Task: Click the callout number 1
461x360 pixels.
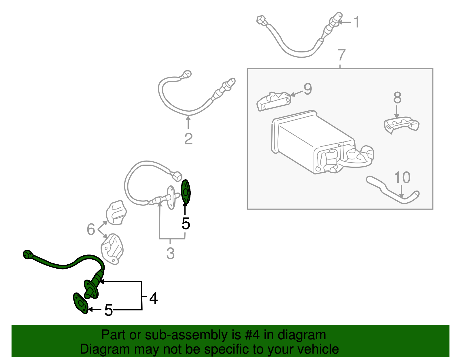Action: (x=356, y=22)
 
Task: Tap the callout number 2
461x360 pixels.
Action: (x=188, y=139)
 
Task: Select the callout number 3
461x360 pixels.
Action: (x=170, y=253)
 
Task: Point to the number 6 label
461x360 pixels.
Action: (x=91, y=229)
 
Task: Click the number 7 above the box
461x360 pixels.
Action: (x=341, y=54)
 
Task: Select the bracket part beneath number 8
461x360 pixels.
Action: (x=402, y=124)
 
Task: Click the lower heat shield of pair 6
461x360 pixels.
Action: (x=112, y=248)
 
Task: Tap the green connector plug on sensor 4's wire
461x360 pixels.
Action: (x=27, y=255)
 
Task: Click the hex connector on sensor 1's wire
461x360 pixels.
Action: (x=260, y=20)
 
